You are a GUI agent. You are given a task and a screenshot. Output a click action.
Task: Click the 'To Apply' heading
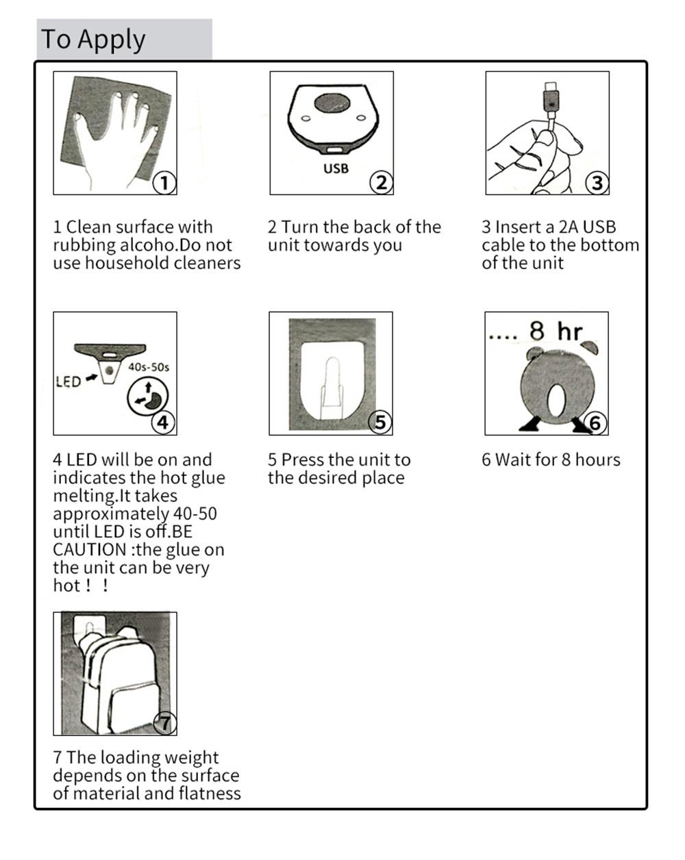click(93, 40)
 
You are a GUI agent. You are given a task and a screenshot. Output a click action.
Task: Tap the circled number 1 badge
click(164, 183)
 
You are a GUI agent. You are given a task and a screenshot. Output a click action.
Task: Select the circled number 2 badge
click(381, 183)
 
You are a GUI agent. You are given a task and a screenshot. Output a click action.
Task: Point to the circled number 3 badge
click(597, 183)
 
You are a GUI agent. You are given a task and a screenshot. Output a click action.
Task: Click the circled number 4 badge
click(163, 422)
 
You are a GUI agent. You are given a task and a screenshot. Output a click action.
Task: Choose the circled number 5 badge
click(380, 422)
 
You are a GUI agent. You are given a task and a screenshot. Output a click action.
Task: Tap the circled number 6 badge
click(595, 422)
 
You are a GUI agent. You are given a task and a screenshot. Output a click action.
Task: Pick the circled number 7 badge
click(165, 722)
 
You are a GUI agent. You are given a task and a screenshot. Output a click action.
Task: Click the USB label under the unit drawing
click(336, 168)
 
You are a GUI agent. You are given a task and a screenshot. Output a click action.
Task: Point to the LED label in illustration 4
click(68, 381)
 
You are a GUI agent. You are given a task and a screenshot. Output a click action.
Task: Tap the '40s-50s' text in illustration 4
click(149, 367)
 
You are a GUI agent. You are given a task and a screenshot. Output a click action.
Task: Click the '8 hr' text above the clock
click(556, 331)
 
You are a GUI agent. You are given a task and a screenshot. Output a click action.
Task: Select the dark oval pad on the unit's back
click(332, 103)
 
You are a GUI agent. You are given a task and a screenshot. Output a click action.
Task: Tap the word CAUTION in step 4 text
click(90, 550)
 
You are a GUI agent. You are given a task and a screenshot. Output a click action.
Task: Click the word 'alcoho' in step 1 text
click(148, 245)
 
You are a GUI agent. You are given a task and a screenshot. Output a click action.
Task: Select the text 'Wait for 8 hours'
click(558, 459)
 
